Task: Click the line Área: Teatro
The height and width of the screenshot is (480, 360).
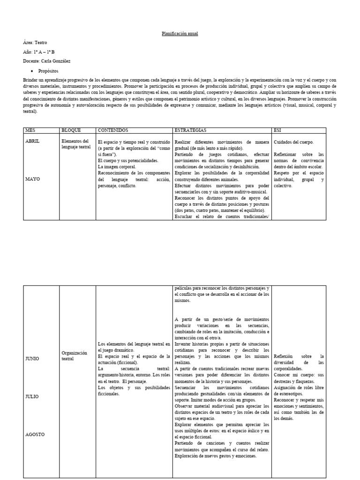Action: [35, 43]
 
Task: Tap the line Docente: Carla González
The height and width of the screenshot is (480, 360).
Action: [47, 61]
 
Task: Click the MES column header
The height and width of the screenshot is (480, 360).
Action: [30, 130]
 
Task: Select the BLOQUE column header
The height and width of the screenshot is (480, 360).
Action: [71, 130]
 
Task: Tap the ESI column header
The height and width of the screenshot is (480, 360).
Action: [277, 130]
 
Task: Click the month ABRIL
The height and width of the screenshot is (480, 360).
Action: [32, 141]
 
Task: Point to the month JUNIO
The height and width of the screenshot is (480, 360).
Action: [33, 359]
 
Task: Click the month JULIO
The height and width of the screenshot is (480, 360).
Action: [32, 397]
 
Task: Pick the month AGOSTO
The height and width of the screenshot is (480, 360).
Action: [35, 434]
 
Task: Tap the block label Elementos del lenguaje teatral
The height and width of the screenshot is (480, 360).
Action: [75, 144]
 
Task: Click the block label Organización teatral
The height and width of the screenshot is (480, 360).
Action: [75, 356]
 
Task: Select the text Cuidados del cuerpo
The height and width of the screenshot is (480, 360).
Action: [294, 142]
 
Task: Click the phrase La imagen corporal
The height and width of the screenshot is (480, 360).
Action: [117, 166]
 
